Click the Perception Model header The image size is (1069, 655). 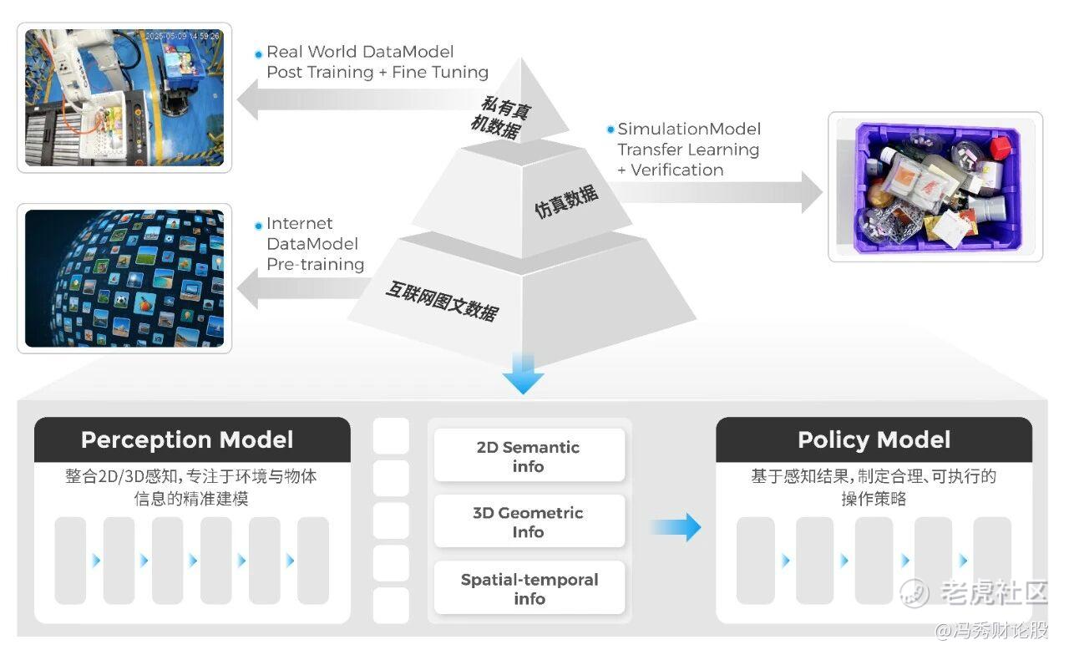187,439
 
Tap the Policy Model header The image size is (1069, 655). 874,439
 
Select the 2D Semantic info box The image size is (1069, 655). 528,456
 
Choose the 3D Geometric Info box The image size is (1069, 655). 528,522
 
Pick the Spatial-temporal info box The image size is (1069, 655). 529,589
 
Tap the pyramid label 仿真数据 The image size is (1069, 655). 566,202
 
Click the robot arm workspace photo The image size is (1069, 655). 124,98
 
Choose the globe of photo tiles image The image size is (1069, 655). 124,278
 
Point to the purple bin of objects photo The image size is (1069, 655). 935,186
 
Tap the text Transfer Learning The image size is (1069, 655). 688,150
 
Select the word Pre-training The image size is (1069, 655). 316,264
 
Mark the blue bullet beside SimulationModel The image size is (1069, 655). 610,130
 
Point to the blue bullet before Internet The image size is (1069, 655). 259,225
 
